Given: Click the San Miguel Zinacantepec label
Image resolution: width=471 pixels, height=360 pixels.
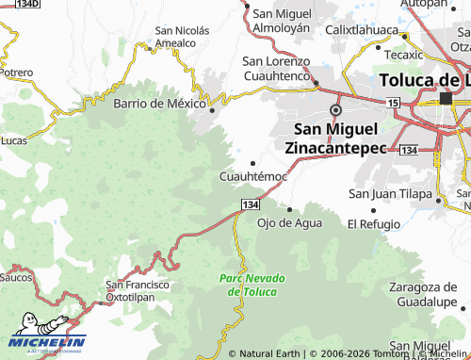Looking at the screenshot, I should coord(336,138).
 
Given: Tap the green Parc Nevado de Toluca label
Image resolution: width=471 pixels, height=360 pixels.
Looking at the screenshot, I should coord(248,285).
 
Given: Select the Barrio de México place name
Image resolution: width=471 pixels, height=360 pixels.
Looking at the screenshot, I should coord(158,104).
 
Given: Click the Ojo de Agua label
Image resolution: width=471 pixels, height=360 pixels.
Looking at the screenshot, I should coord(289,223).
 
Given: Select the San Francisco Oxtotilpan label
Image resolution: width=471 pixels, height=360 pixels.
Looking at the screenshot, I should coord(137,290).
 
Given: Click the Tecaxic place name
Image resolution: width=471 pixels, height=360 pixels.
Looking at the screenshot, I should coord(404,55).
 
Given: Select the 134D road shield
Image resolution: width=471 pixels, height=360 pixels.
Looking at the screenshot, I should coord(27,5).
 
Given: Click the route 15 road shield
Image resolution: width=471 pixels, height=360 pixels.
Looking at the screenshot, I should coord(393,102).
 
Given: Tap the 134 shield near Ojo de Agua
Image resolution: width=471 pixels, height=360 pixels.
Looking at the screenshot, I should coord(250,205).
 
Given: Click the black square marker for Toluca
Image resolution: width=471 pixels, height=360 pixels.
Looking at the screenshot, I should coord(446,98).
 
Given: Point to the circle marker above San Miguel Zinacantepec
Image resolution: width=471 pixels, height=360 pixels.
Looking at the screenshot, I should coord(334,109).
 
